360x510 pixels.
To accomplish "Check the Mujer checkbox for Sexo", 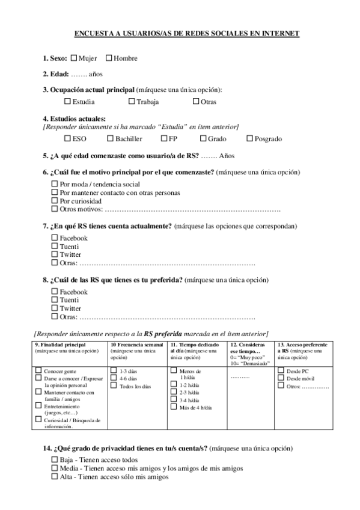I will [x=74, y=58].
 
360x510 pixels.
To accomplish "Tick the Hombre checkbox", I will [x=109, y=58].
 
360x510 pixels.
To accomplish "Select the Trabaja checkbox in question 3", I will [x=132, y=102].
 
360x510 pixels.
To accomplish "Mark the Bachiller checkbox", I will [x=110, y=138].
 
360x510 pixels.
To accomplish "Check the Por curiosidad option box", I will [x=55, y=200].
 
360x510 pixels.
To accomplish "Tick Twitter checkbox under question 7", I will [x=55, y=254].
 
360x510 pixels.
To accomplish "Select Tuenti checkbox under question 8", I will [x=55, y=300].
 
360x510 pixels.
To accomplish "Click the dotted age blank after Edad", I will [x=79, y=75].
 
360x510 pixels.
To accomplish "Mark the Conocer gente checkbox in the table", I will [x=38, y=370].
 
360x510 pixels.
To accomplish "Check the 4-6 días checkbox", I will [x=114, y=378].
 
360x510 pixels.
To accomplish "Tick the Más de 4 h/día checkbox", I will [x=174, y=407].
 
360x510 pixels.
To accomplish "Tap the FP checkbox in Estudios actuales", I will [x=164, y=138].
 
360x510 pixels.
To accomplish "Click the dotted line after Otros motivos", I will [x=192, y=209].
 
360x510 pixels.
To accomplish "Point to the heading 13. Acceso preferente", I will [x=303, y=344].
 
